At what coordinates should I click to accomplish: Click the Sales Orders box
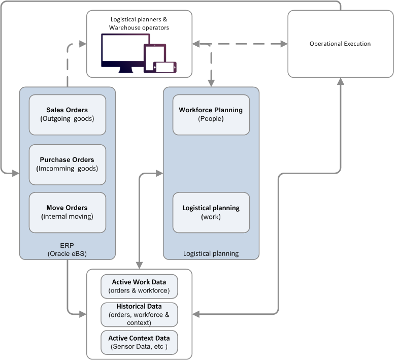click(x=67, y=114)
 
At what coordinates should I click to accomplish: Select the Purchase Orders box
click(x=67, y=164)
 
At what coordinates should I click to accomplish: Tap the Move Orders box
click(x=67, y=212)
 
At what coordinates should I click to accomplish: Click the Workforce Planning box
click(x=211, y=114)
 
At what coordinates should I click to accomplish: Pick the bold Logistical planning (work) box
click(x=211, y=212)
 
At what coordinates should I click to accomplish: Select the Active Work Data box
click(x=139, y=286)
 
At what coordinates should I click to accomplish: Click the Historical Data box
click(x=139, y=314)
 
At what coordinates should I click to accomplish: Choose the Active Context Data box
click(x=139, y=342)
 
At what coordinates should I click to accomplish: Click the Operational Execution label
click(x=340, y=44)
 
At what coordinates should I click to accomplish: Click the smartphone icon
click(x=165, y=67)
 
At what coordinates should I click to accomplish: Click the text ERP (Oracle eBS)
click(x=67, y=249)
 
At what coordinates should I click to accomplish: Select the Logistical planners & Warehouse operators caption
click(x=139, y=23)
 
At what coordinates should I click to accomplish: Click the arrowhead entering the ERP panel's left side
click(x=16, y=174)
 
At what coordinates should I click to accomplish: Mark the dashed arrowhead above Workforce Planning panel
click(x=211, y=82)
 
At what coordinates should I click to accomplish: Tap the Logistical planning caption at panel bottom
click(x=211, y=253)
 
